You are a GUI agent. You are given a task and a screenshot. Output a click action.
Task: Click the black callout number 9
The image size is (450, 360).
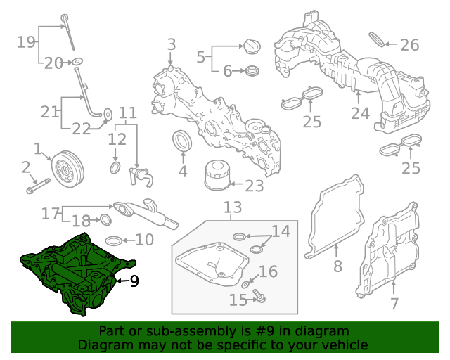(134, 281)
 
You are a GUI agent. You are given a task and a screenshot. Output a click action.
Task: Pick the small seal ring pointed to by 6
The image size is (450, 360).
(251, 71)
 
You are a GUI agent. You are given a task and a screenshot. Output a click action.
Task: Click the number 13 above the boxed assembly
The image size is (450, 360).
(233, 207)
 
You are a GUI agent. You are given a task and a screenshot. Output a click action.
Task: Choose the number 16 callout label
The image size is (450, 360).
(269, 272)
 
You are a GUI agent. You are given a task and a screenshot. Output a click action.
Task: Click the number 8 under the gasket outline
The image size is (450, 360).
(337, 266)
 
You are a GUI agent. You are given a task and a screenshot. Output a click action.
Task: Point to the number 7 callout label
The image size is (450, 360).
(394, 304)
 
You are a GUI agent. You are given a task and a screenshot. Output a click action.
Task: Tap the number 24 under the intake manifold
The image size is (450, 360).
(360, 112)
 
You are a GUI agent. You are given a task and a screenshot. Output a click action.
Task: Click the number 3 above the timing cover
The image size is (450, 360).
(171, 46)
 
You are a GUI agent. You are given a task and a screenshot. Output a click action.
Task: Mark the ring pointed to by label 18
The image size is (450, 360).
(105, 220)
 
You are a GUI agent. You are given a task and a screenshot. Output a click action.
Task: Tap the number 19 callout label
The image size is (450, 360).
(26, 42)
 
